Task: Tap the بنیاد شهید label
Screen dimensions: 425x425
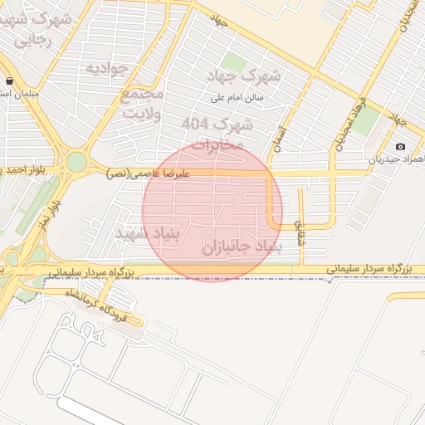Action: click(x=147, y=233)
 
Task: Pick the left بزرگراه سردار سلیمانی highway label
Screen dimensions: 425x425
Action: click(x=86, y=271)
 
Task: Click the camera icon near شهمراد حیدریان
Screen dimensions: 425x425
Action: click(x=402, y=146)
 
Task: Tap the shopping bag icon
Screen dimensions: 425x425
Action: click(x=9, y=81)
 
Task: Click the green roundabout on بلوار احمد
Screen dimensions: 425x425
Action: click(x=76, y=161)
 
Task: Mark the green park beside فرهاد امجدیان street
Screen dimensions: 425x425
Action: click(x=365, y=122)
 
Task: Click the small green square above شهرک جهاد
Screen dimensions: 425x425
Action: click(x=233, y=61)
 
